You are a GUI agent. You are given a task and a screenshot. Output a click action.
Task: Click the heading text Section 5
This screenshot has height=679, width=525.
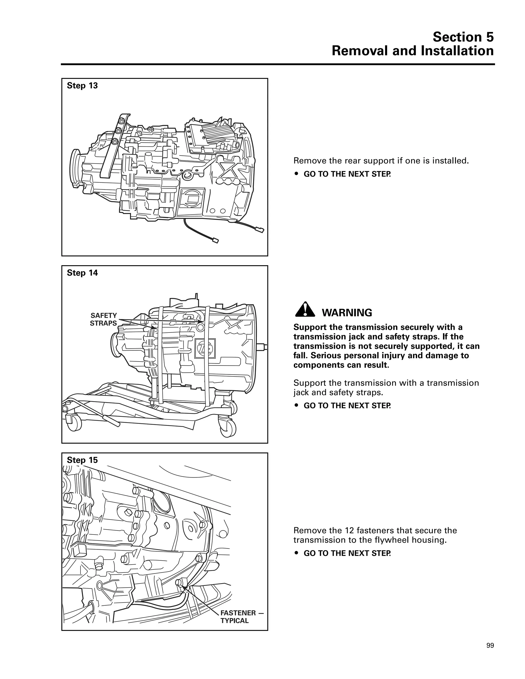(463, 37)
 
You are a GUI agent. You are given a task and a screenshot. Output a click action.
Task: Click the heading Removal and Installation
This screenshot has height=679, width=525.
(412, 51)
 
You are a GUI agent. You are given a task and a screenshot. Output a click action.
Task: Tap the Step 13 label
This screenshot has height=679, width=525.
(82, 86)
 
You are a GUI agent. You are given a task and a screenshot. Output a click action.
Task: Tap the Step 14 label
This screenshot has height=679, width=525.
(82, 273)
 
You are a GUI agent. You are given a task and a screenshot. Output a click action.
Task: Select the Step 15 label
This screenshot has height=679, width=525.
(82, 460)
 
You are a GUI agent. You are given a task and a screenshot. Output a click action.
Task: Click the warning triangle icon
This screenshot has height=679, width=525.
(305, 310)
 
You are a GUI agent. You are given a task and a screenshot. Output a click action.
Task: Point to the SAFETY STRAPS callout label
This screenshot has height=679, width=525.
(103, 320)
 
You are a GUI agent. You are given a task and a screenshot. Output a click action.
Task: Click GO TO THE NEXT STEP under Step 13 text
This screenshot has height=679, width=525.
(347, 174)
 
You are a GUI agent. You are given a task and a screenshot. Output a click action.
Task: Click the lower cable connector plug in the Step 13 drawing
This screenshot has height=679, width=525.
(215, 240)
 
